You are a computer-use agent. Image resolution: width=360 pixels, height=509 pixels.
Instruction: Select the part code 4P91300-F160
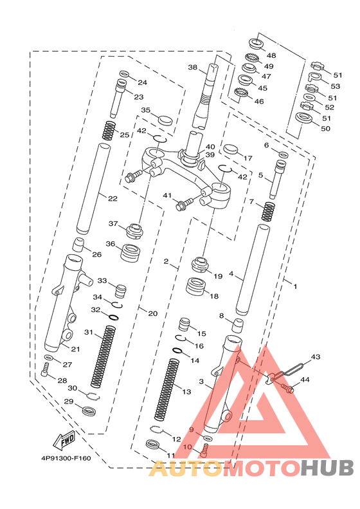(66, 458)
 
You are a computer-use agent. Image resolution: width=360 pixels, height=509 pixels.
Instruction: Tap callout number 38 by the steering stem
(193, 67)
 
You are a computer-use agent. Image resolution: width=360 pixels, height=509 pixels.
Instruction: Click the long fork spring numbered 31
(103, 356)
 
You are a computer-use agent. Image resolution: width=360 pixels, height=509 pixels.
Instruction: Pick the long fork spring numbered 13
(166, 389)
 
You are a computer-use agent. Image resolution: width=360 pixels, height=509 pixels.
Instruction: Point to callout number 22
(113, 198)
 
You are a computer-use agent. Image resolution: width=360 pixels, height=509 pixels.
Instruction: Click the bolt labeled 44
(287, 387)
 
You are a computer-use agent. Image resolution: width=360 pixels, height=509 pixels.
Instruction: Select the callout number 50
(325, 129)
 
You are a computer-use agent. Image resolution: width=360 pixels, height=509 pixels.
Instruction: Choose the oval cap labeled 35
(165, 120)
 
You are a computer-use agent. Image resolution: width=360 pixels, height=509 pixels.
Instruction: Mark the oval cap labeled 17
(231, 149)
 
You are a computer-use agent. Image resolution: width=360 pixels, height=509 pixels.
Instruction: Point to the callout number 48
(271, 55)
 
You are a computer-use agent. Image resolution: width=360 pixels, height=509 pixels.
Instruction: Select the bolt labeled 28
(45, 370)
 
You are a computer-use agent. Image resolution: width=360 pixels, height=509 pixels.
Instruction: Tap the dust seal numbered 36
(130, 252)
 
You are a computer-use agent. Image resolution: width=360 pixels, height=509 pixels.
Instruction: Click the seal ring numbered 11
(152, 445)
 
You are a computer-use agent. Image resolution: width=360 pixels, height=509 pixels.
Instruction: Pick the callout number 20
(153, 313)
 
